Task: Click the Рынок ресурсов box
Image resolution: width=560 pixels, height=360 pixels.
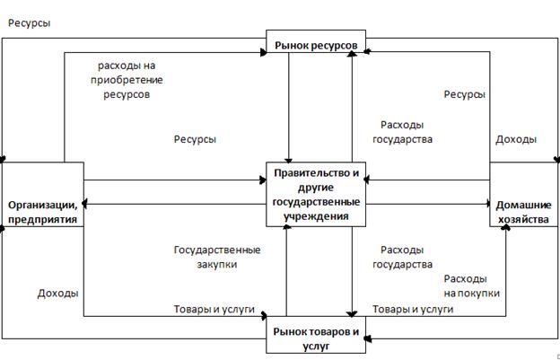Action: [x=316, y=44]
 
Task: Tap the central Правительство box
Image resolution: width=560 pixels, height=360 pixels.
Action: [x=316, y=193]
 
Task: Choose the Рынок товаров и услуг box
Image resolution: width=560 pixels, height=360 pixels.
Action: [x=315, y=338]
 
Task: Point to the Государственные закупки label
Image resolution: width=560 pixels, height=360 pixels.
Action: [x=216, y=258]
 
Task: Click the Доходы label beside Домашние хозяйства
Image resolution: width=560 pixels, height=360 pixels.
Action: [x=516, y=139]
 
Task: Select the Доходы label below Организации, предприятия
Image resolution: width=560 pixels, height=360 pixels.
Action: [x=57, y=294]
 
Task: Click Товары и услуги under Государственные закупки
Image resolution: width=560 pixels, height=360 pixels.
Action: [x=214, y=310]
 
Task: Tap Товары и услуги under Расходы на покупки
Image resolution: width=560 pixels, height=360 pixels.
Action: [x=413, y=310]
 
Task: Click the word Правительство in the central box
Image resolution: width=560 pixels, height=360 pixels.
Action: [x=316, y=173]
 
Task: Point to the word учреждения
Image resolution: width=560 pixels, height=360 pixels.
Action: [x=316, y=215]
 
